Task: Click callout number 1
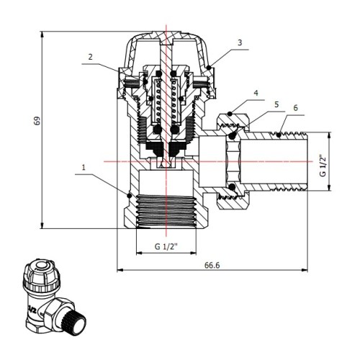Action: [84, 167]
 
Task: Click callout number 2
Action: [90, 57]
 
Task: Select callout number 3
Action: [240, 42]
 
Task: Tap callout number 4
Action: [256, 93]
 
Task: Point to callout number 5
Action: [276, 104]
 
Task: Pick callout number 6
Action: [295, 108]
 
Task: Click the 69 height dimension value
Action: [37, 120]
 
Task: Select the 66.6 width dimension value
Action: [212, 265]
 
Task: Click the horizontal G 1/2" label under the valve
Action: [166, 246]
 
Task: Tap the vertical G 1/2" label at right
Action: [323, 166]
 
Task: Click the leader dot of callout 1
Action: [130, 195]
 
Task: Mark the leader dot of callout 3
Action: [209, 68]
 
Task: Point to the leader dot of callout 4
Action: [230, 114]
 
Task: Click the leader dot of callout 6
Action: [279, 135]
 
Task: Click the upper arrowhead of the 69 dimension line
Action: [42, 35]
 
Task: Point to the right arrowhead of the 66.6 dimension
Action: [305, 270]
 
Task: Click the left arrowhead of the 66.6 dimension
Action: [120, 270]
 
